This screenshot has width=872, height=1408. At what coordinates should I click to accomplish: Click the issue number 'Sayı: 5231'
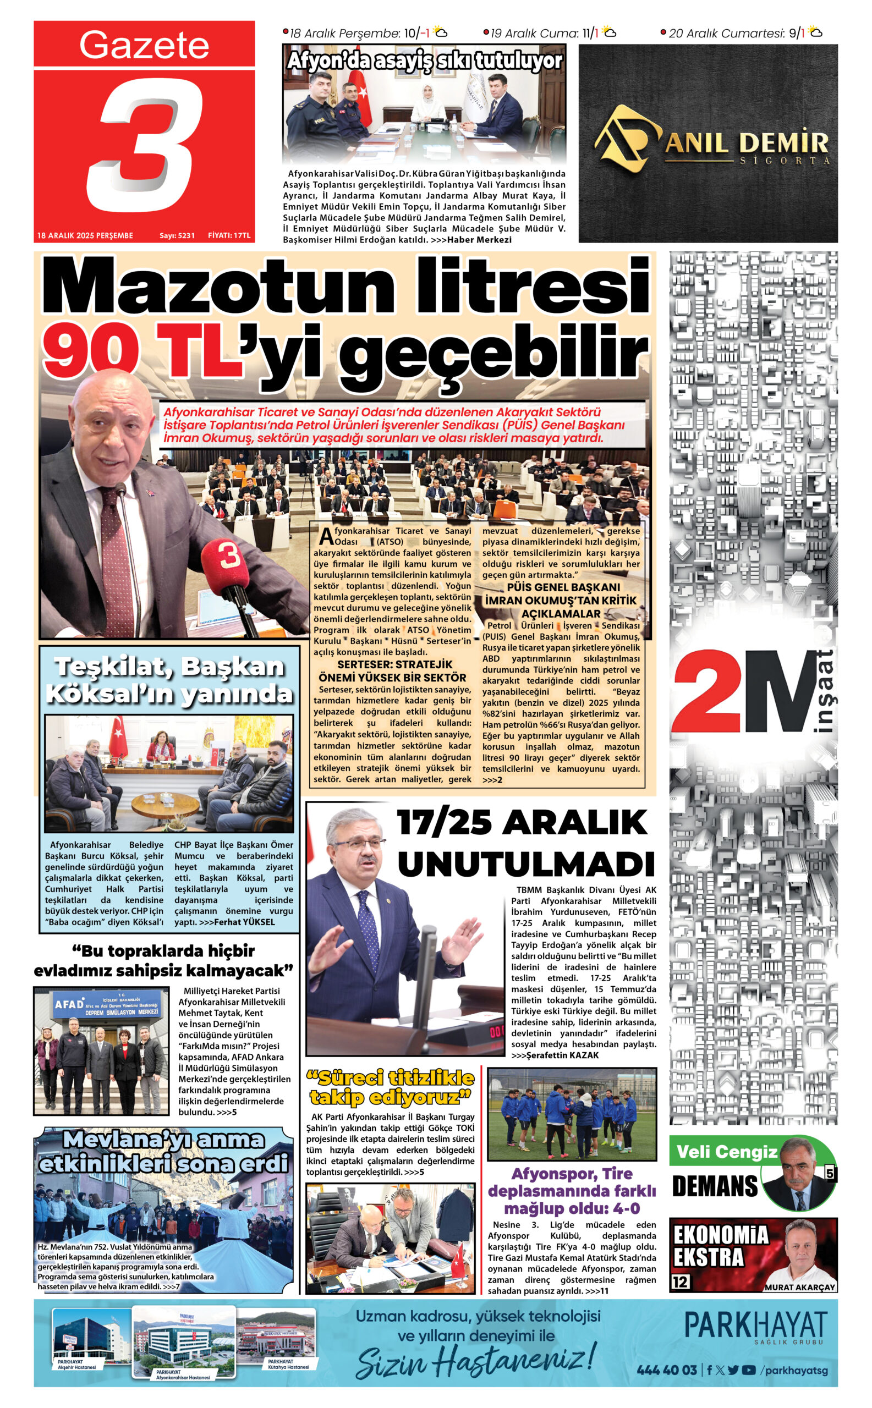pyautogui.click(x=177, y=235)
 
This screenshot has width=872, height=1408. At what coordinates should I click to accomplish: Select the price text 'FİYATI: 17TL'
pyautogui.click(x=229, y=235)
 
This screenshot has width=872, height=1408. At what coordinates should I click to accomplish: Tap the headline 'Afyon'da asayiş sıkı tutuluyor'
pyautogui.click(x=425, y=61)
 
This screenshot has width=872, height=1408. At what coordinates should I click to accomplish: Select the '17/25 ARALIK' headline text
pyautogui.click(x=522, y=822)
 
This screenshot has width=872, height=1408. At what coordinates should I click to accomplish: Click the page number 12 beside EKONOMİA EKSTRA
pyautogui.click(x=680, y=1281)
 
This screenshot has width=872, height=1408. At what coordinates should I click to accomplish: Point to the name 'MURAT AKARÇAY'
pyautogui.click(x=799, y=1287)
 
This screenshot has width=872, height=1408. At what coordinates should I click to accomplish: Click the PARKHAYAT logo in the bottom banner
pyautogui.click(x=755, y=1325)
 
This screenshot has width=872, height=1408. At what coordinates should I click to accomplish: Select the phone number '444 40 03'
pyautogui.click(x=667, y=1370)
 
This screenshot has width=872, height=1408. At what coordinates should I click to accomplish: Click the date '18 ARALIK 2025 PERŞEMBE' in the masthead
pyautogui.click(x=85, y=235)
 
